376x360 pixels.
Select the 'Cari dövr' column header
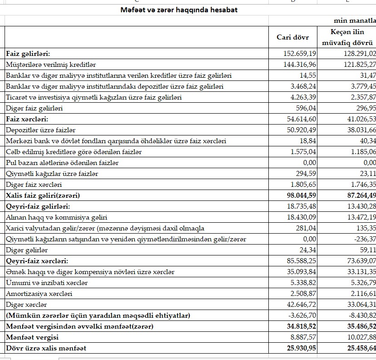(293, 37)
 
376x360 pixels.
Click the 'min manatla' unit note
(355, 21)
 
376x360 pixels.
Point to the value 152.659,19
(300, 54)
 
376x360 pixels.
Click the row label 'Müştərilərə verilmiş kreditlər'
(51, 65)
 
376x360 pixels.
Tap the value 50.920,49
(300, 130)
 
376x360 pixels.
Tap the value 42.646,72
(300, 305)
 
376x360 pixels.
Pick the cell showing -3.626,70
(301, 315)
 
